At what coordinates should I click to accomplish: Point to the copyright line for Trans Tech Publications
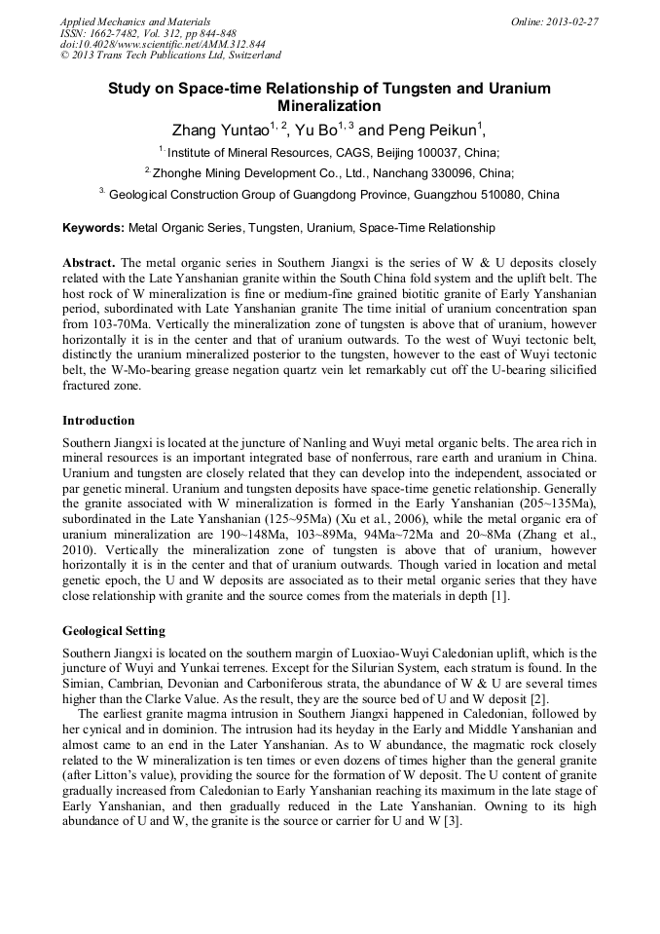(x=170, y=56)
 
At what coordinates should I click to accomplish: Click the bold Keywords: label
(x=93, y=228)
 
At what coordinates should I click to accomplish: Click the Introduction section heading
(x=98, y=421)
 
